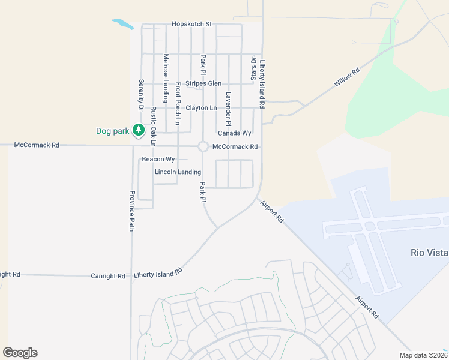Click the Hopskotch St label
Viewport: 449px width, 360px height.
pyautogui.click(x=192, y=24)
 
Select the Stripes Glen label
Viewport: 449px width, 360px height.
pyautogui.click(x=203, y=83)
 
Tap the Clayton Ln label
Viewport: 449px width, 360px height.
pyautogui.click(x=201, y=108)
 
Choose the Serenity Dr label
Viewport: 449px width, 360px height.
pyautogui.click(x=141, y=95)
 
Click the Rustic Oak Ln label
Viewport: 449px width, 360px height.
pyautogui.click(x=153, y=127)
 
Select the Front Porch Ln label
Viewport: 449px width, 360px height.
pyautogui.click(x=178, y=104)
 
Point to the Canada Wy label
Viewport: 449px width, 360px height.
pyautogui.click(x=234, y=133)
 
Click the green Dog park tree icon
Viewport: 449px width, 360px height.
pyautogui.click(x=139, y=130)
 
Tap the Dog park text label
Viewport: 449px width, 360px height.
pyautogui.click(x=112, y=131)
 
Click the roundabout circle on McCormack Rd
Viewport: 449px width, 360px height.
pyautogui.click(x=203, y=146)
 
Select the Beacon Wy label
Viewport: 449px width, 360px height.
pyautogui.click(x=158, y=160)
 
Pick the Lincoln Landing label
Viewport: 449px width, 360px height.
pyautogui.click(x=178, y=172)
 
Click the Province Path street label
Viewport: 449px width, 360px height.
pyautogui.click(x=132, y=211)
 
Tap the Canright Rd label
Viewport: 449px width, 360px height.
pyautogui.click(x=108, y=276)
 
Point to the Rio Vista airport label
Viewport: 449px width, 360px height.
pyautogui.click(x=429, y=253)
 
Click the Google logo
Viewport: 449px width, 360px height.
pyautogui.click(x=20, y=353)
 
